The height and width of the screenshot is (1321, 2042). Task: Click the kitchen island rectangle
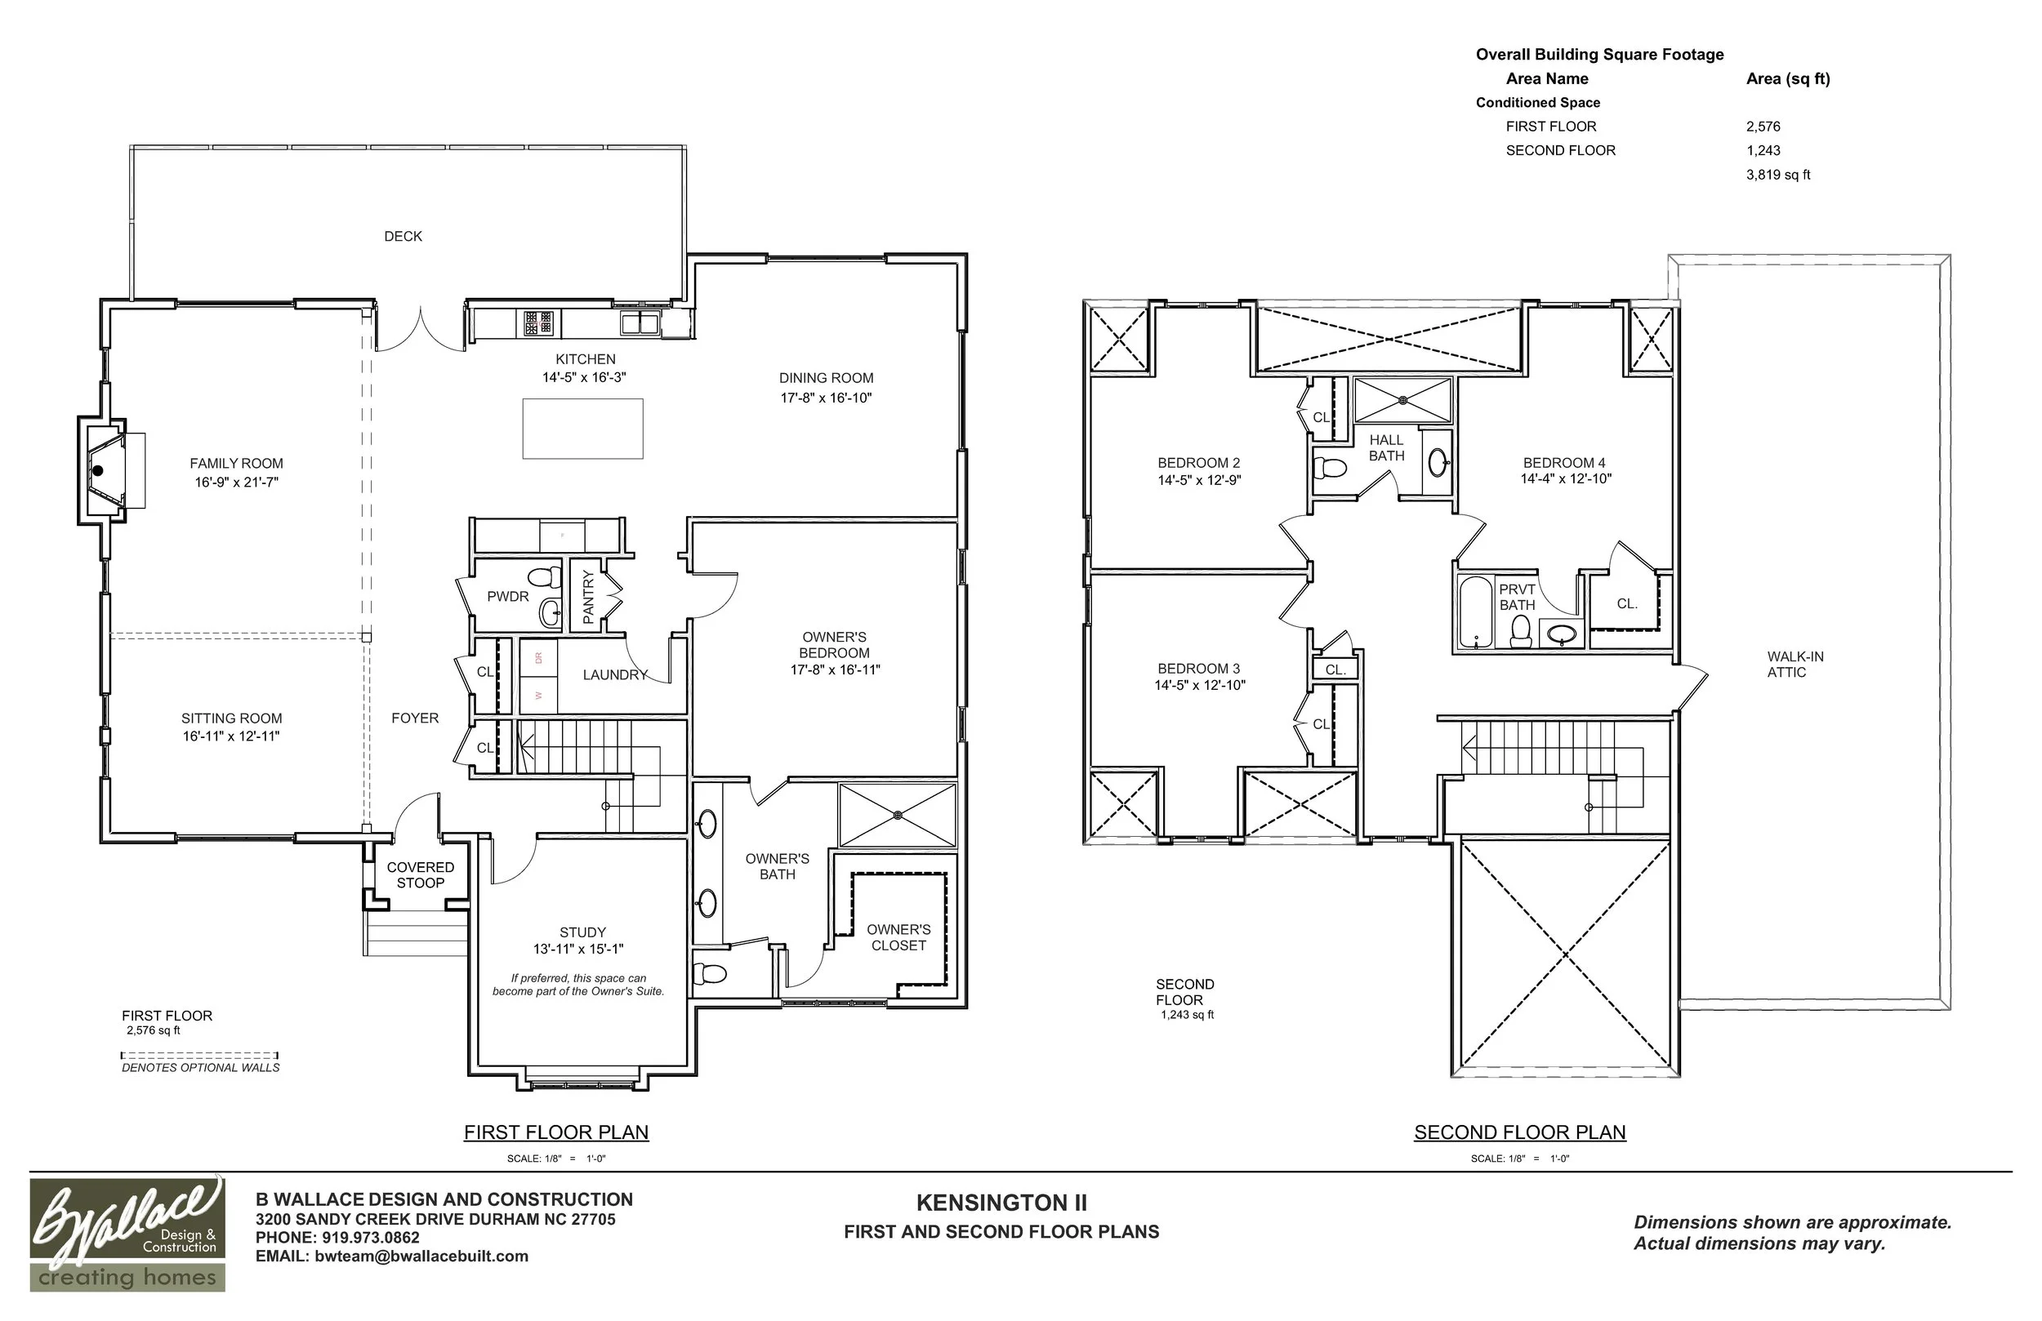pyautogui.click(x=582, y=428)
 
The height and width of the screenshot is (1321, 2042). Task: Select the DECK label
pyautogui.click(x=403, y=236)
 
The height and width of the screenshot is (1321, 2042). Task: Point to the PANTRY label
pyautogui.click(x=588, y=597)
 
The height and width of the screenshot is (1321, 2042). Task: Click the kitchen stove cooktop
pyautogui.click(x=539, y=323)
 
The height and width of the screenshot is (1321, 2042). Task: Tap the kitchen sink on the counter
pyautogui.click(x=640, y=323)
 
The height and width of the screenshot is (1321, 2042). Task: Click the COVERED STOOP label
pyautogui.click(x=421, y=875)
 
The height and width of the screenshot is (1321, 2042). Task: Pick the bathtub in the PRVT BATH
pyautogui.click(x=1476, y=611)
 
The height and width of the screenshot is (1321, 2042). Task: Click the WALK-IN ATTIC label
pyautogui.click(x=1795, y=664)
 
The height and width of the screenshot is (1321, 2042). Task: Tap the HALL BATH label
pyautogui.click(x=1386, y=447)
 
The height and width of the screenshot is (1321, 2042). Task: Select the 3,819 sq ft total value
pyautogui.click(x=1777, y=174)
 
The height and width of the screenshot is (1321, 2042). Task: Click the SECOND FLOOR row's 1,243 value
pyautogui.click(x=1763, y=150)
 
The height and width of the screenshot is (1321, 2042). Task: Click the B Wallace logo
pyautogui.click(x=127, y=1234)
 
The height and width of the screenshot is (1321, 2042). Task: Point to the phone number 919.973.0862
pyautogui.click(x=371, y=1238)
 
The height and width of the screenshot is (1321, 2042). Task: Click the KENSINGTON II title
pyautogui.click(x=1001, y=1203)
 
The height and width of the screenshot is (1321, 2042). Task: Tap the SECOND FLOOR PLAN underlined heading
pyautogui.click(x=1519, y=1132)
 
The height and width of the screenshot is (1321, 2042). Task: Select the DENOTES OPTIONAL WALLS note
pyautogui.click(x=201, y=1068)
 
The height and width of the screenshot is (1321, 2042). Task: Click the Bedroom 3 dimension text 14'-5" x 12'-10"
pyautogui.click(x=1199, y=685)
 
